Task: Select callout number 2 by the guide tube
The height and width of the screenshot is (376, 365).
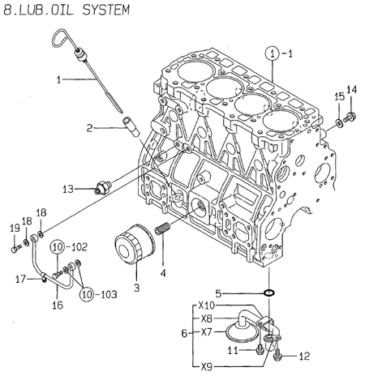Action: (x=92, y=126)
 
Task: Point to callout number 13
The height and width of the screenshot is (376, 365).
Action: (x=68, y=189)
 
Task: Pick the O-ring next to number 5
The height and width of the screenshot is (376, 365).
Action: (x=268, y=292)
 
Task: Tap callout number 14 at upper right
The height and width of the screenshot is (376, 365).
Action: (x=351, y=89)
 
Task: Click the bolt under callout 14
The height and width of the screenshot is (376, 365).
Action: (x=350, y=117)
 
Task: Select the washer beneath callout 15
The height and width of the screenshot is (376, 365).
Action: (x=337, y=123)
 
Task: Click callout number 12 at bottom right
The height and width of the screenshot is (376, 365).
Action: (x=305, y=356)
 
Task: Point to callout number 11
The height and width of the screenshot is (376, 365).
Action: (x=231, y=350)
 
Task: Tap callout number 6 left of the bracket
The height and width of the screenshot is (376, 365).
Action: (x=182, y=333)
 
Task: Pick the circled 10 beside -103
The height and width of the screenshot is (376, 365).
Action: (x=88, y=293)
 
